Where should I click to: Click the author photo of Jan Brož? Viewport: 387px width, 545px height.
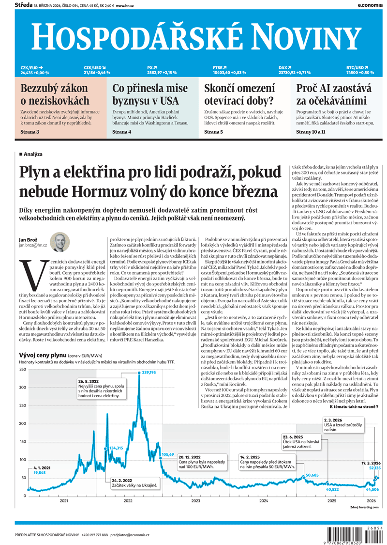tap(60, 242)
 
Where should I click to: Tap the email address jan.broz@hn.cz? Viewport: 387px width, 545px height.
tap(33, 246)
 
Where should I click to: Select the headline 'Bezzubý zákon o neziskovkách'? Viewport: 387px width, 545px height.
tap(55, 94)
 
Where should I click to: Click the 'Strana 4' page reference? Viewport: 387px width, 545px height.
tap(122, 131)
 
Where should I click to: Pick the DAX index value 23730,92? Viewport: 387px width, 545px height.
tap(287, 73)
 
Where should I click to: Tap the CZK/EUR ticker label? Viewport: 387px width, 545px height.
tap(30, 68)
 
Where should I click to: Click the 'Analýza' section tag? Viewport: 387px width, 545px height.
tap(32, 154)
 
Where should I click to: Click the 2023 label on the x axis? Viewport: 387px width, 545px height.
tap(195, 500)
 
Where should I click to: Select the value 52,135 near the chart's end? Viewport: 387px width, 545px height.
tap(374, 468)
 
